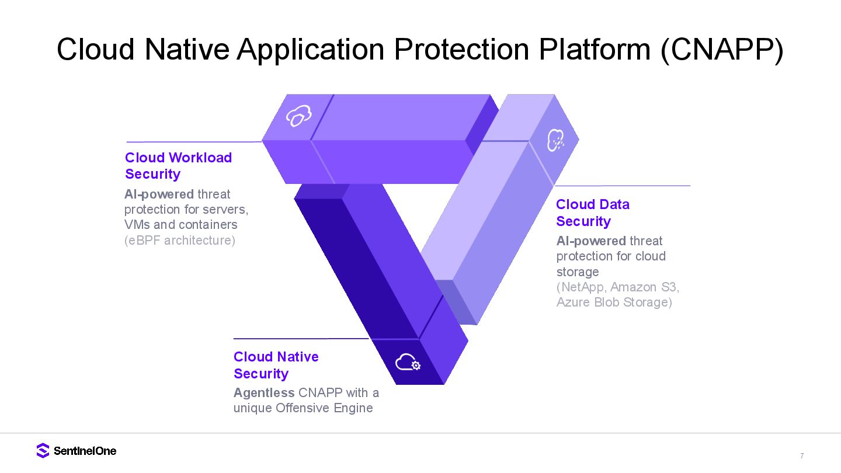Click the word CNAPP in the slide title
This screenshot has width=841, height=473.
[x=721, y=49]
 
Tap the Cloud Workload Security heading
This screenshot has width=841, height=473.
[x=178, y=166]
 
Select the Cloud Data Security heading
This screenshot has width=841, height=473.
[x=592, y=213]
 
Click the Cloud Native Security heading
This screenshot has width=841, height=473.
[x=276, y=365]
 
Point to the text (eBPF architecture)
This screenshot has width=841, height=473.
[x=180, y=240]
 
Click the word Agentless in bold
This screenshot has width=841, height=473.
[x=264, y=392]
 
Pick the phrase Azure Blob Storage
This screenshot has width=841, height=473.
[x=614, y=302]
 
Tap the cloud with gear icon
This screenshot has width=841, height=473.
[x=408, y=363]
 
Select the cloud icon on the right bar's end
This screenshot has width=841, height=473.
[x=555, y=140]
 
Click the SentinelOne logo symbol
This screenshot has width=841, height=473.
[x=43, y=450]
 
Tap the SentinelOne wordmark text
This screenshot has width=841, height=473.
[x=85, y=451]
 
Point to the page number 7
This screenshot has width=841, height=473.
[x=802, y=456]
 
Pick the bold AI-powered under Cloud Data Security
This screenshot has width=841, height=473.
[x=591, y=241]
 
